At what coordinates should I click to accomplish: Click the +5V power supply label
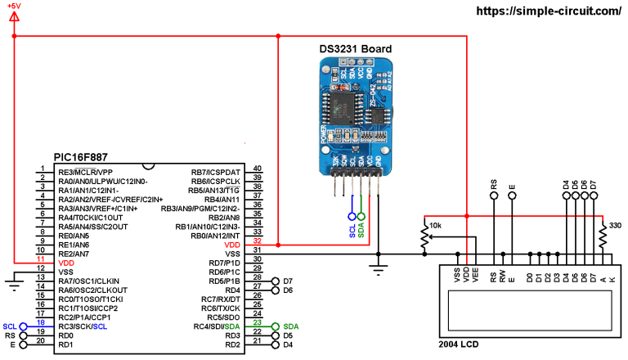click(x=16, y=7)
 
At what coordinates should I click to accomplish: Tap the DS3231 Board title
click(x=355, y=49)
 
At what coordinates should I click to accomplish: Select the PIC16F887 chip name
click(x=80, y=156)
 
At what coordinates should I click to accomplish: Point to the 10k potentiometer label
click(x=436, y=225)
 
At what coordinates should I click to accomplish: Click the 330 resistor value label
click(x=615, y=225)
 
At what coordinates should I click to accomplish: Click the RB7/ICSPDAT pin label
click(x=216, y=173)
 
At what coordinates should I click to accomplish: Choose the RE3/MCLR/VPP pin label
click(x=85, y=173)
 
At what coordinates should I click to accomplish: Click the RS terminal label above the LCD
click(x=494, y=187)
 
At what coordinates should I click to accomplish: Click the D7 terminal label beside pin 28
click(x=288, y=281)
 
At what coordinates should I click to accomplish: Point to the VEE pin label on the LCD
click(x=476, y=277)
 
